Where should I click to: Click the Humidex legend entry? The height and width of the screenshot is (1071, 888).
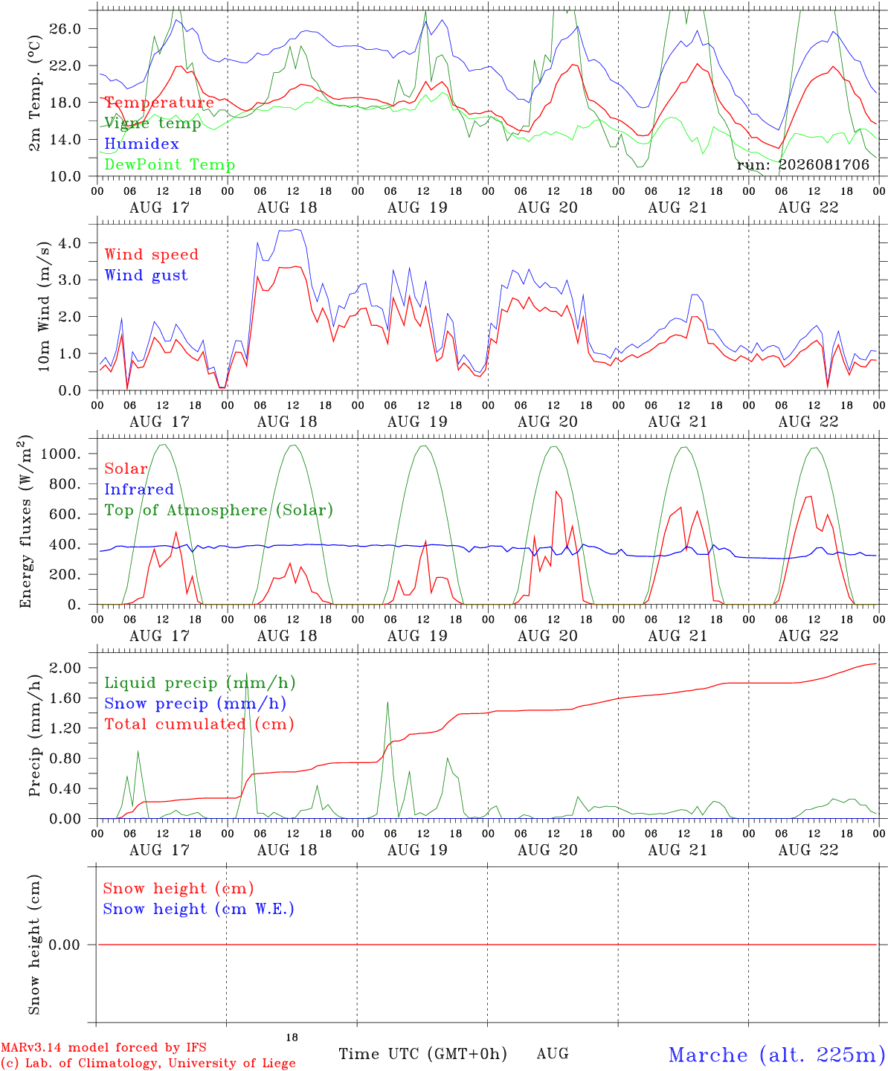point(141,144)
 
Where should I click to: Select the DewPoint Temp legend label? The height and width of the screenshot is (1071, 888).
point(170,164)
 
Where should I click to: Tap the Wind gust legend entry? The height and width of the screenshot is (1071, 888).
point(147,275)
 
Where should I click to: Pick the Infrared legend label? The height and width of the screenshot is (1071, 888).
point(139,489)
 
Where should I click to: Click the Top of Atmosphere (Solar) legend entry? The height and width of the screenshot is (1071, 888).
point(219,510)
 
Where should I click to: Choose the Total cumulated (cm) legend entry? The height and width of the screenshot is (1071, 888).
point(199,724)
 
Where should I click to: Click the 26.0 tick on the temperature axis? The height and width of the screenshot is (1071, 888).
point(65,29)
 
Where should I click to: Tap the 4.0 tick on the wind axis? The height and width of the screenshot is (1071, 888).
point(70,242)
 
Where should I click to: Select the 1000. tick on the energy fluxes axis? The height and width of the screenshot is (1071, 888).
point(61,454)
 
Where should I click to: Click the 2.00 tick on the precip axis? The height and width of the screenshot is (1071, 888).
point(65,668)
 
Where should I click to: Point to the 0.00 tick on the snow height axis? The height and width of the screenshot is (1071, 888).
point(64,945)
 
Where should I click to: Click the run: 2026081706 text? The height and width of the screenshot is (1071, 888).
point(803,164)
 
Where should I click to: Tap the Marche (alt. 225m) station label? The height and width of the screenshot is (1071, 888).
point(778,1055)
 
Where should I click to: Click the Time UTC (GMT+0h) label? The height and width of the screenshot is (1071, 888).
point(422,1054)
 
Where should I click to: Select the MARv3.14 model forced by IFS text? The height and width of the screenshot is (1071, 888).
point(103,1047)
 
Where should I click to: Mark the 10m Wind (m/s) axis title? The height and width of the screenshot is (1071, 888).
point(44,306)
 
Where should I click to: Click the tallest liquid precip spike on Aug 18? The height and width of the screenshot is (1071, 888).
point(247,673)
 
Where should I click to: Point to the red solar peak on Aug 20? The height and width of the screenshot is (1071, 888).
point(556,492)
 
